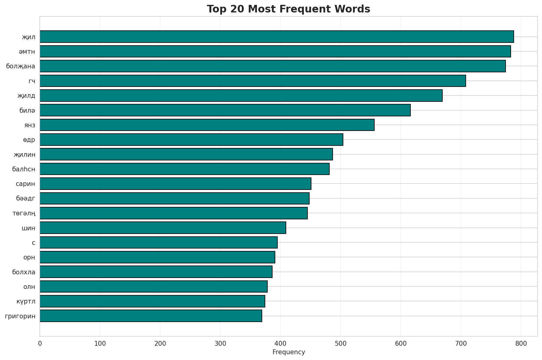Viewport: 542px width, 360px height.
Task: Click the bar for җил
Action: (276, 37)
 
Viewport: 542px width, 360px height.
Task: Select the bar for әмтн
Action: (275, 51)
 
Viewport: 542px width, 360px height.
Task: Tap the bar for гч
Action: (252, 81)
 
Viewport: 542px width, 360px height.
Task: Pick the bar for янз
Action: (207, 125)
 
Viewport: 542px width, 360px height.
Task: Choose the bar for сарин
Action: (175, 183)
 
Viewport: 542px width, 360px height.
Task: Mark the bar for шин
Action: (163, 228)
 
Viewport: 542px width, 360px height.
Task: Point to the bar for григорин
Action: (151, 316)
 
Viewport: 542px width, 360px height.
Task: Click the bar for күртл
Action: (152, 301)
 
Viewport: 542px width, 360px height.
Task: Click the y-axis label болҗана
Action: (21, 66)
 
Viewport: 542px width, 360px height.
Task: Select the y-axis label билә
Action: (27, 110)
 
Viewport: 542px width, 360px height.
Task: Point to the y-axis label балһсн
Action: (24, 169)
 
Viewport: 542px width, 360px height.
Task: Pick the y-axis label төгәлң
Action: (24, 213)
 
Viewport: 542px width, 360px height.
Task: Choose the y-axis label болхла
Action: (24, 272)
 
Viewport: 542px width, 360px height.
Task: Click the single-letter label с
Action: (33, 243)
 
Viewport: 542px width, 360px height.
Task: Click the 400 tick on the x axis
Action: (280, 344)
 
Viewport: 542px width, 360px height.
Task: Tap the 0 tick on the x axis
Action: (40, 344)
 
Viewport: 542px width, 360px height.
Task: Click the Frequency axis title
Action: (289, 352)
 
